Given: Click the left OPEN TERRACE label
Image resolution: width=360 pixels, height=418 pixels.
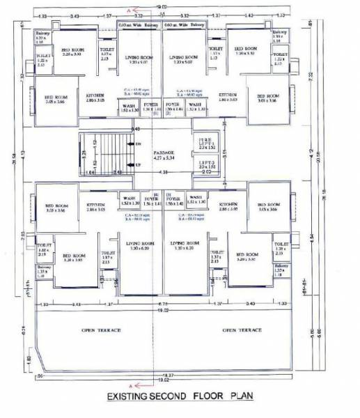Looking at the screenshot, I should click(x=101, y=330).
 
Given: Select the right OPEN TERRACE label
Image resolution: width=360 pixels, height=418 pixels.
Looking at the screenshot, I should click(x=242, y=330).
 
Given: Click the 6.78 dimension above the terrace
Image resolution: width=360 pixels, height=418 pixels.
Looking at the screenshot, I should click(x=164, y=304).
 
